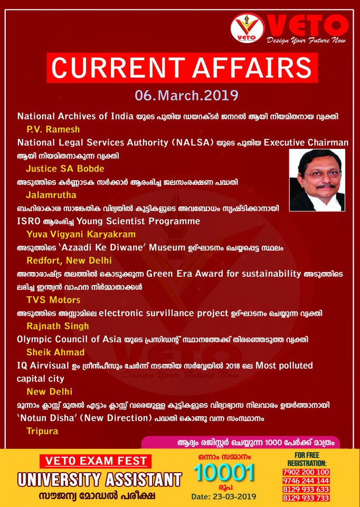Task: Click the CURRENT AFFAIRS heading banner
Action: (x=182, y=68)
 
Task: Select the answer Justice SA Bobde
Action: (x=65, y=169)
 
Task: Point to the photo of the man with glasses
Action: (x=317, y=180)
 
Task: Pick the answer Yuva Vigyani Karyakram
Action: (x=81, y=234)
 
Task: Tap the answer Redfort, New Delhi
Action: (x=69, y=260)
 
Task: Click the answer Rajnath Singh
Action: (x=58, y=326)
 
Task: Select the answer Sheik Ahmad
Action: (x=55, y=352)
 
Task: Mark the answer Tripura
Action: (x=42, y=431)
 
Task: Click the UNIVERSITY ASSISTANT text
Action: (x=100, y=480)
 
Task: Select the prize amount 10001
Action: (x=224, y=473)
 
